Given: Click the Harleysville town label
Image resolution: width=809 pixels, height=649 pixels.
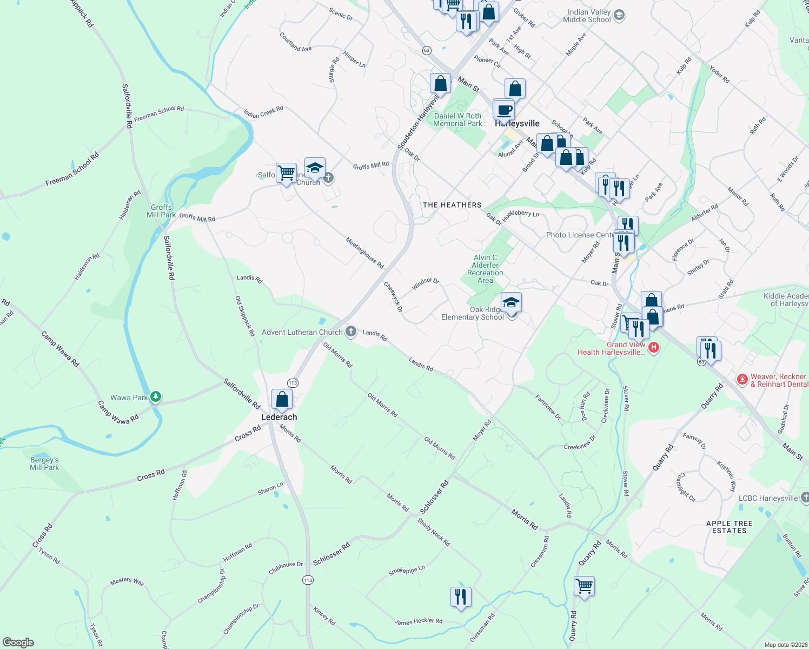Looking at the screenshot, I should click(x=518, y=123).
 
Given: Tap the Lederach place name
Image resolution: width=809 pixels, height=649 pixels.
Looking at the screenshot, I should click(x=279, y=417).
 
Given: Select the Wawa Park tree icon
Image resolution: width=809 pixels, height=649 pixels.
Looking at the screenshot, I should click(x=156, y=398).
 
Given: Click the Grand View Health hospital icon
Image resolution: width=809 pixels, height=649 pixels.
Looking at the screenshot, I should click(x=653, y=347).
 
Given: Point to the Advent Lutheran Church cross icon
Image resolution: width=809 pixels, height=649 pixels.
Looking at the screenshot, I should click(x=351, y=332).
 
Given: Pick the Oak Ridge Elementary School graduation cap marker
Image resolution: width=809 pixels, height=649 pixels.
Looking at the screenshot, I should click(x=511, y=303).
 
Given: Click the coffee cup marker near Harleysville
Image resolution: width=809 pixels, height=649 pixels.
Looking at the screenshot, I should click(x=505, y=110).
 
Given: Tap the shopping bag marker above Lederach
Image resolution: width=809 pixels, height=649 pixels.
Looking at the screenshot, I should click(x=282, y=400).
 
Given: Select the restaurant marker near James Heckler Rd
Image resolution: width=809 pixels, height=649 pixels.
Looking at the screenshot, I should click(x=461, y=597).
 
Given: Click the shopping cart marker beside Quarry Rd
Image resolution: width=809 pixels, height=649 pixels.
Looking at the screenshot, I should click(x=585, y=586).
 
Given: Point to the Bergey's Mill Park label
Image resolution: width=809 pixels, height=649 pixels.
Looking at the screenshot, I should click(x=44, y=463).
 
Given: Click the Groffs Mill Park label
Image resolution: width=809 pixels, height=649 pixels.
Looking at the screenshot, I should click(x=161, y=211).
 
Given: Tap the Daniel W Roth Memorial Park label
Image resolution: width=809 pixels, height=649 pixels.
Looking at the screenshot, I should click(x=457, y=120).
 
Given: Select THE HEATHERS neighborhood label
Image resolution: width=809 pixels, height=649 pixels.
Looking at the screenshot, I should click(x=452, y=205).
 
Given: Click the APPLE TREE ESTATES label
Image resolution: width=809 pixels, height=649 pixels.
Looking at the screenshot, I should click(x=729, y=527).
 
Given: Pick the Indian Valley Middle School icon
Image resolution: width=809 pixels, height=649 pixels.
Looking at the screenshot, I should click(x=620, y=15).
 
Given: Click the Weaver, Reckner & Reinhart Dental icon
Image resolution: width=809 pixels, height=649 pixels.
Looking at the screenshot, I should click(x=742, y=380).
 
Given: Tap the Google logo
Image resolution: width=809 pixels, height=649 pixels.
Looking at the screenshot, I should click(x=18, y=642).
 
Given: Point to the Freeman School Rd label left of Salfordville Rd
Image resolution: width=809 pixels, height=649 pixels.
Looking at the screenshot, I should click(x=72, y=169).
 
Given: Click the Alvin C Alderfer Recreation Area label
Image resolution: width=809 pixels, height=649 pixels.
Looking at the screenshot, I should click(x=485, y=269).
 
